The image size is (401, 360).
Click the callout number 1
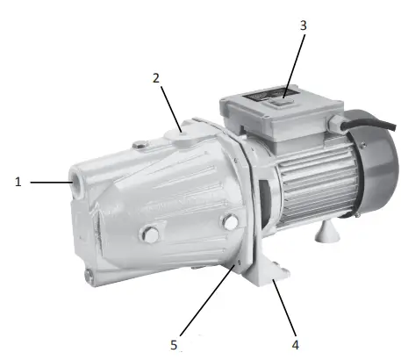coord(18,182)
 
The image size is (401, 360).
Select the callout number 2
coord(155,77)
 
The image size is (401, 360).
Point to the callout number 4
coord(295,344)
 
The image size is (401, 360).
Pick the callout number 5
coord(174,344)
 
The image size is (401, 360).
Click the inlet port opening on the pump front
coord(72,184)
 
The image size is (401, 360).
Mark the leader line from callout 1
coord(48,182)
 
